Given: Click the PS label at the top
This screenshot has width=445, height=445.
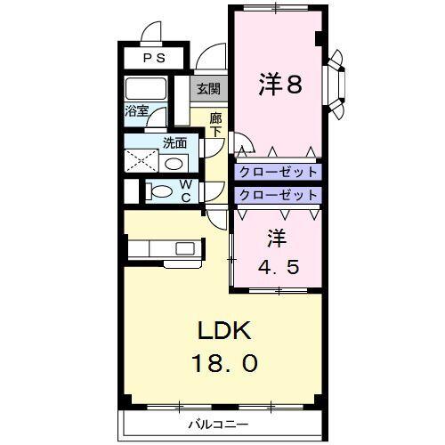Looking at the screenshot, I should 155,59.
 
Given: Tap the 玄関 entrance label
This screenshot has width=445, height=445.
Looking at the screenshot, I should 208,89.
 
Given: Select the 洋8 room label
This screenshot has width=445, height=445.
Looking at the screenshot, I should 279,85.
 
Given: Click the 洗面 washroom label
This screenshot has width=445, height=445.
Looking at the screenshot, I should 174,142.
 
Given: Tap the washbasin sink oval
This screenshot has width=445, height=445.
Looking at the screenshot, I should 174,164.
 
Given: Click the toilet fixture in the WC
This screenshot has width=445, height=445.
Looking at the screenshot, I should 160,190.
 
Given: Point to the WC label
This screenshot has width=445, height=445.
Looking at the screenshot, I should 187,190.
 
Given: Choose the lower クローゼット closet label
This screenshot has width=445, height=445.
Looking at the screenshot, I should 278,194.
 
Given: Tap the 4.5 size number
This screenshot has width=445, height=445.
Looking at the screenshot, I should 276,265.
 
